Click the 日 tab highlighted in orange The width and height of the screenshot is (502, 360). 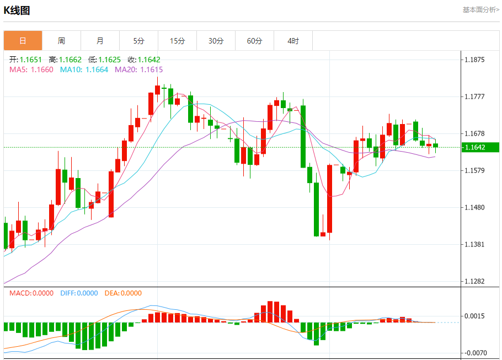pos(23,41)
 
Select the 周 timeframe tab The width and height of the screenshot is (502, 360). pos(61,41)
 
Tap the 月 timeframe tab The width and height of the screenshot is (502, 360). pos(100,41)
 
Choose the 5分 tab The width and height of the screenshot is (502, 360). pos(138,41)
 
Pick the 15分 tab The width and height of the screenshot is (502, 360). pos(177,41)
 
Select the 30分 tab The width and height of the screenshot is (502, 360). pos(216,41)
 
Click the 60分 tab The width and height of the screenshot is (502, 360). pos(254,41)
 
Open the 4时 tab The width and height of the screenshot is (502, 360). pos(293,41)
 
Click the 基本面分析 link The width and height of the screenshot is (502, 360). pos(480,10)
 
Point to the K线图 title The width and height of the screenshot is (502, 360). pos(17,10)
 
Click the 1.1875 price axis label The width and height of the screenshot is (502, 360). pos(474,60)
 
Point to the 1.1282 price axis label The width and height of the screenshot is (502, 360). pos(474,282)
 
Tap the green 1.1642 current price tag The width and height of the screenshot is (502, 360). pos(478,147)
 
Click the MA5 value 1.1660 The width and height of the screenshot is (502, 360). pos(42,69)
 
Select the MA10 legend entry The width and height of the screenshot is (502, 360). pos(84,69)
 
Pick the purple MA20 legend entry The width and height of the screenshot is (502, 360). pos(138,69)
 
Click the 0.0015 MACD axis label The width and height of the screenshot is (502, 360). pos(474,316)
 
